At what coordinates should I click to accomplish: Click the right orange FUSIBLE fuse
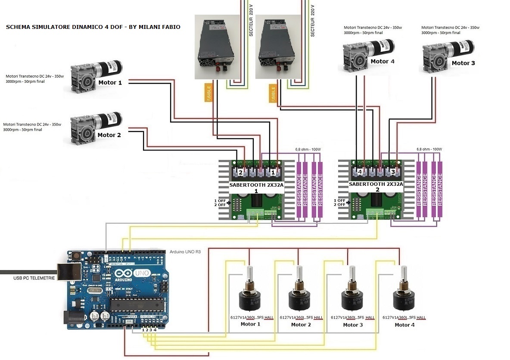click(272, 93)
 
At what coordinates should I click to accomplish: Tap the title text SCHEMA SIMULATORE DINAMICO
click(93, 27)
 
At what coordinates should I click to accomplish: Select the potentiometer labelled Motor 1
click(250, 293)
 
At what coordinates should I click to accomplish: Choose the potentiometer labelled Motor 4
click(404, 293)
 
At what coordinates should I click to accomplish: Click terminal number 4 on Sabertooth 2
click(360, 172)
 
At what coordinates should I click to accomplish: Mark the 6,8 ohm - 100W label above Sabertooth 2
click(429, 149)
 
